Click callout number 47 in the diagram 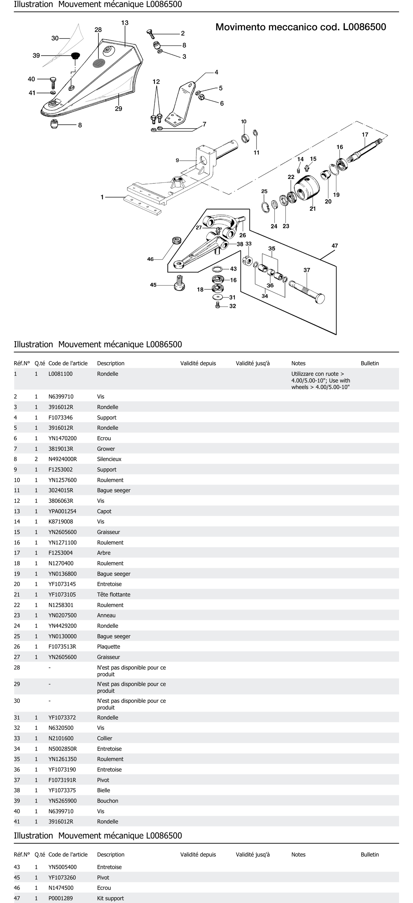click(x=335, y=246)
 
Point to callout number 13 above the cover click(x=125, y=23)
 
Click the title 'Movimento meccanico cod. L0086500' click(x=301, y=27)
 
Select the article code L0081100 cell click(x=60, y=374)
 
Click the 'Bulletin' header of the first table click(x=370, y=363)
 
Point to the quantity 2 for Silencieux click(x=36, y=459)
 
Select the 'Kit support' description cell click(x=110, y=898)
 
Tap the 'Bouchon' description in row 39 click(x=108, y=801)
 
